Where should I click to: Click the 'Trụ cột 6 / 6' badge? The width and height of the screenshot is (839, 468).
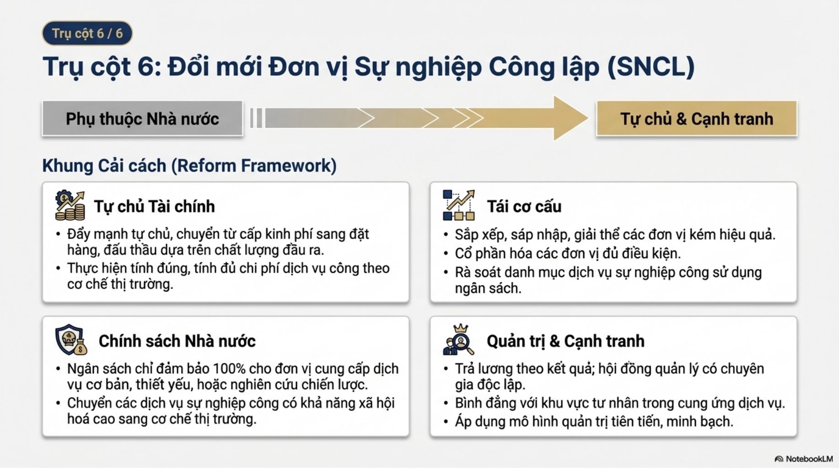[87, 33]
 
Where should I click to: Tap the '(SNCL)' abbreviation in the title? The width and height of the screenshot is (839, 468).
[651, 67]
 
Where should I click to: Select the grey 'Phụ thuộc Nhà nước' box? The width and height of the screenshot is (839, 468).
[142, 119]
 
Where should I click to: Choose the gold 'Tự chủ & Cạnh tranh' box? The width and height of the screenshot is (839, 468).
[696, 119]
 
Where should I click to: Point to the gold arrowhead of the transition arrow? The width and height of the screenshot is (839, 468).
[569, 118]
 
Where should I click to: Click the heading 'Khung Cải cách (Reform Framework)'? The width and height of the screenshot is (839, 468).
[189, 165]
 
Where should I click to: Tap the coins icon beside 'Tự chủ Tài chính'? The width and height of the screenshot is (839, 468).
[70, 206]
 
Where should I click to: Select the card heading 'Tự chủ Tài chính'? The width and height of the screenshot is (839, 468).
[154, 207]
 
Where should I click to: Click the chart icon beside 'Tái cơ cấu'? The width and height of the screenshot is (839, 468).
[458, 205]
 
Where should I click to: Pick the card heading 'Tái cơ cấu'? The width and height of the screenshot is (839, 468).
[524, 207]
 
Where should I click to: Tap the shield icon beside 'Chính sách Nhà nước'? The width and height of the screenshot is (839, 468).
[71, 340]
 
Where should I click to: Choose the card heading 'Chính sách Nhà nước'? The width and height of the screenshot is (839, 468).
[177, 341]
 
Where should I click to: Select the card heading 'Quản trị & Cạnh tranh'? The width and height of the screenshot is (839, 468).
[565, 341]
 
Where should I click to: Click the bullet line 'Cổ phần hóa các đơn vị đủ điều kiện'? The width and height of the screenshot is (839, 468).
[567, 253]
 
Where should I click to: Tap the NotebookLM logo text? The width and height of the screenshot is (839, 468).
[809, 459]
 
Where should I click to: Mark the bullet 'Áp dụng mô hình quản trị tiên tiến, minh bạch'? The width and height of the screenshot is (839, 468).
[594, 421]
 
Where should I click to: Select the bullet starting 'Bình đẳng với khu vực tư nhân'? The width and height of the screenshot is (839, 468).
[619, 403]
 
